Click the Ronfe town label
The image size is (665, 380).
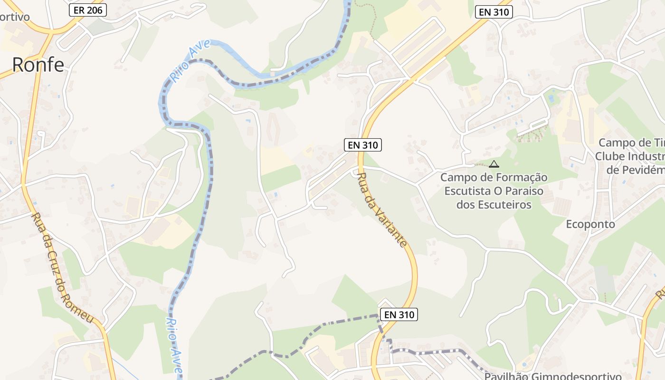pos(38,65)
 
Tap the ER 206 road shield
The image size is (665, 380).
pos(88,10)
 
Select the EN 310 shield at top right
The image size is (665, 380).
pos(494,12)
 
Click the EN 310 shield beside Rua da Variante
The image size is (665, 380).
pos(363,145)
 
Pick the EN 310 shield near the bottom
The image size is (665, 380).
pos(399,314)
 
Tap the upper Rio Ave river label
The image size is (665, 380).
pos(184,65)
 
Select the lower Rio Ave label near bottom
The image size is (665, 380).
pos(174,346)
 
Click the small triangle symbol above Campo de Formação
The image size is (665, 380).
pos(494,164)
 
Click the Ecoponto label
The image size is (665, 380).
pos(590,224)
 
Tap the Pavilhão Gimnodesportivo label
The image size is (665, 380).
pos(553,376)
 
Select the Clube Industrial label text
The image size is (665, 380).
pos(629,156)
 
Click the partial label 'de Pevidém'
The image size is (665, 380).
pos(635,170)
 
